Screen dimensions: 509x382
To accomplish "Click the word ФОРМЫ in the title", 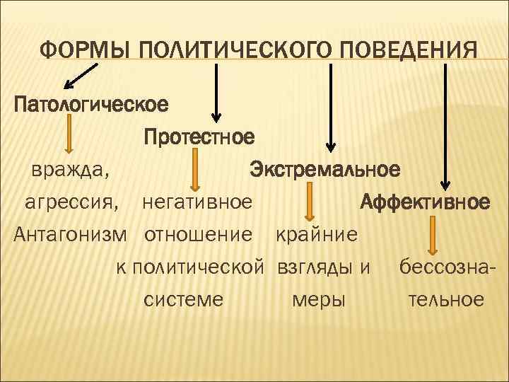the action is point(86,51).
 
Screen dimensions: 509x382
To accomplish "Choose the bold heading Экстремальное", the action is point(324,170).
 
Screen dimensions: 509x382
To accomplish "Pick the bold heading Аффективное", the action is point(425,202).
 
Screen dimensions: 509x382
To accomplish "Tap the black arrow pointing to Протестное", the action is point(216,93).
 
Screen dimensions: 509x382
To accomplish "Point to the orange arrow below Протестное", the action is point(197,169).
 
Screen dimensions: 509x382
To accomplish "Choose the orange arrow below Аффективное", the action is point(433,236).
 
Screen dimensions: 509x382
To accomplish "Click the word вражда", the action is point(69,170).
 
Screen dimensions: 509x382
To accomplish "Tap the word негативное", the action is point(197,203).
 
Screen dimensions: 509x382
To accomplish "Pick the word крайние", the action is point(316,234).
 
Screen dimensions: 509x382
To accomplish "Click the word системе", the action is point(184,299).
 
